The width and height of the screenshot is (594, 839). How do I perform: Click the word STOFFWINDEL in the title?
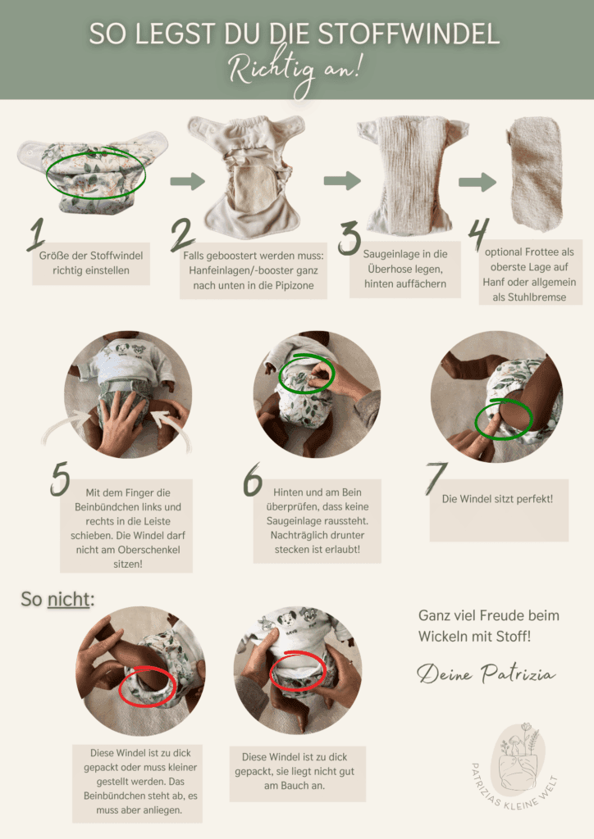pos(409,33)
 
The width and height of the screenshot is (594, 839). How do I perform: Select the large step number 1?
pos(36,235)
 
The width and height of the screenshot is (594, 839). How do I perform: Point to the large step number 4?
pos(478,234)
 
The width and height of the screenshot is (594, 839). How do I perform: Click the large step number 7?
pos(436,478)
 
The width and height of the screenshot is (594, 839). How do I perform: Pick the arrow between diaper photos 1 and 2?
pos(187,181)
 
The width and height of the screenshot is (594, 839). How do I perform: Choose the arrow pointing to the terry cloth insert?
pos(477,182)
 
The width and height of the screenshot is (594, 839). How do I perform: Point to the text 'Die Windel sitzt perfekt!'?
pos(497,499)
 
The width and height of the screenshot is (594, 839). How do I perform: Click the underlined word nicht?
pos(69,599)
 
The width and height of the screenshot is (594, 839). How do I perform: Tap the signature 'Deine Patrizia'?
pos(487,673)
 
